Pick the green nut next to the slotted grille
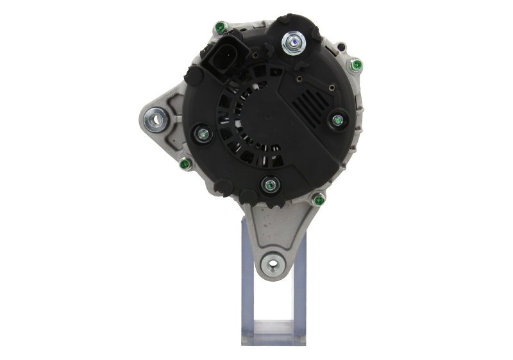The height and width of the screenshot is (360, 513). point(336,119)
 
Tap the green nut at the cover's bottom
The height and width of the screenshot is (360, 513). point(269,185)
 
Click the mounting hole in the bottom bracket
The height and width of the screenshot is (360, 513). point(274,264)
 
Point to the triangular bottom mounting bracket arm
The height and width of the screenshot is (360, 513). point(274,237)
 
